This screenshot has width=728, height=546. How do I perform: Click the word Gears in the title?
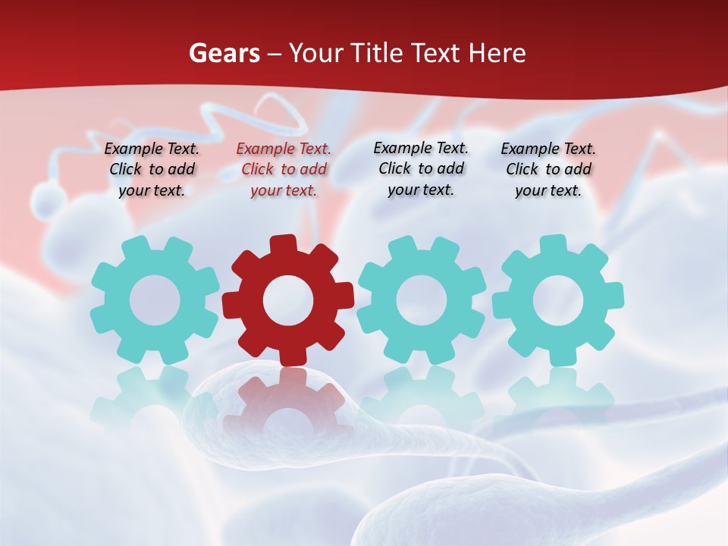click(x=224, y=54)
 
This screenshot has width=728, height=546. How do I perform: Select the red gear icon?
click(x=288, y=300)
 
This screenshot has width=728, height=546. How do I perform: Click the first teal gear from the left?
click(x=155, y=300)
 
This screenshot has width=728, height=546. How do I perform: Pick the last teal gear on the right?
click(x=557, y=300)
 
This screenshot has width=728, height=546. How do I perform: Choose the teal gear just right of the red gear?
click(x=422, y=300)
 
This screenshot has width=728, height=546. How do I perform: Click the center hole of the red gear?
click(x=288, y=300)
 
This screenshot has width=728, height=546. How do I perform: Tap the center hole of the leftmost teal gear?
click(x=155, y=300)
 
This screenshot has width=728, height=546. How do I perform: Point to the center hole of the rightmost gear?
click(x=557, y=300)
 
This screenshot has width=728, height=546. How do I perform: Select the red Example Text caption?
click(x=284, y=170)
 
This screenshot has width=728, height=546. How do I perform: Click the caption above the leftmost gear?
click(x=152, y=170)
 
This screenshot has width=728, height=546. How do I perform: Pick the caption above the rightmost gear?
click(x=548, y=170)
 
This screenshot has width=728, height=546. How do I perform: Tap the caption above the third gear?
click(x=421, y=169)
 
